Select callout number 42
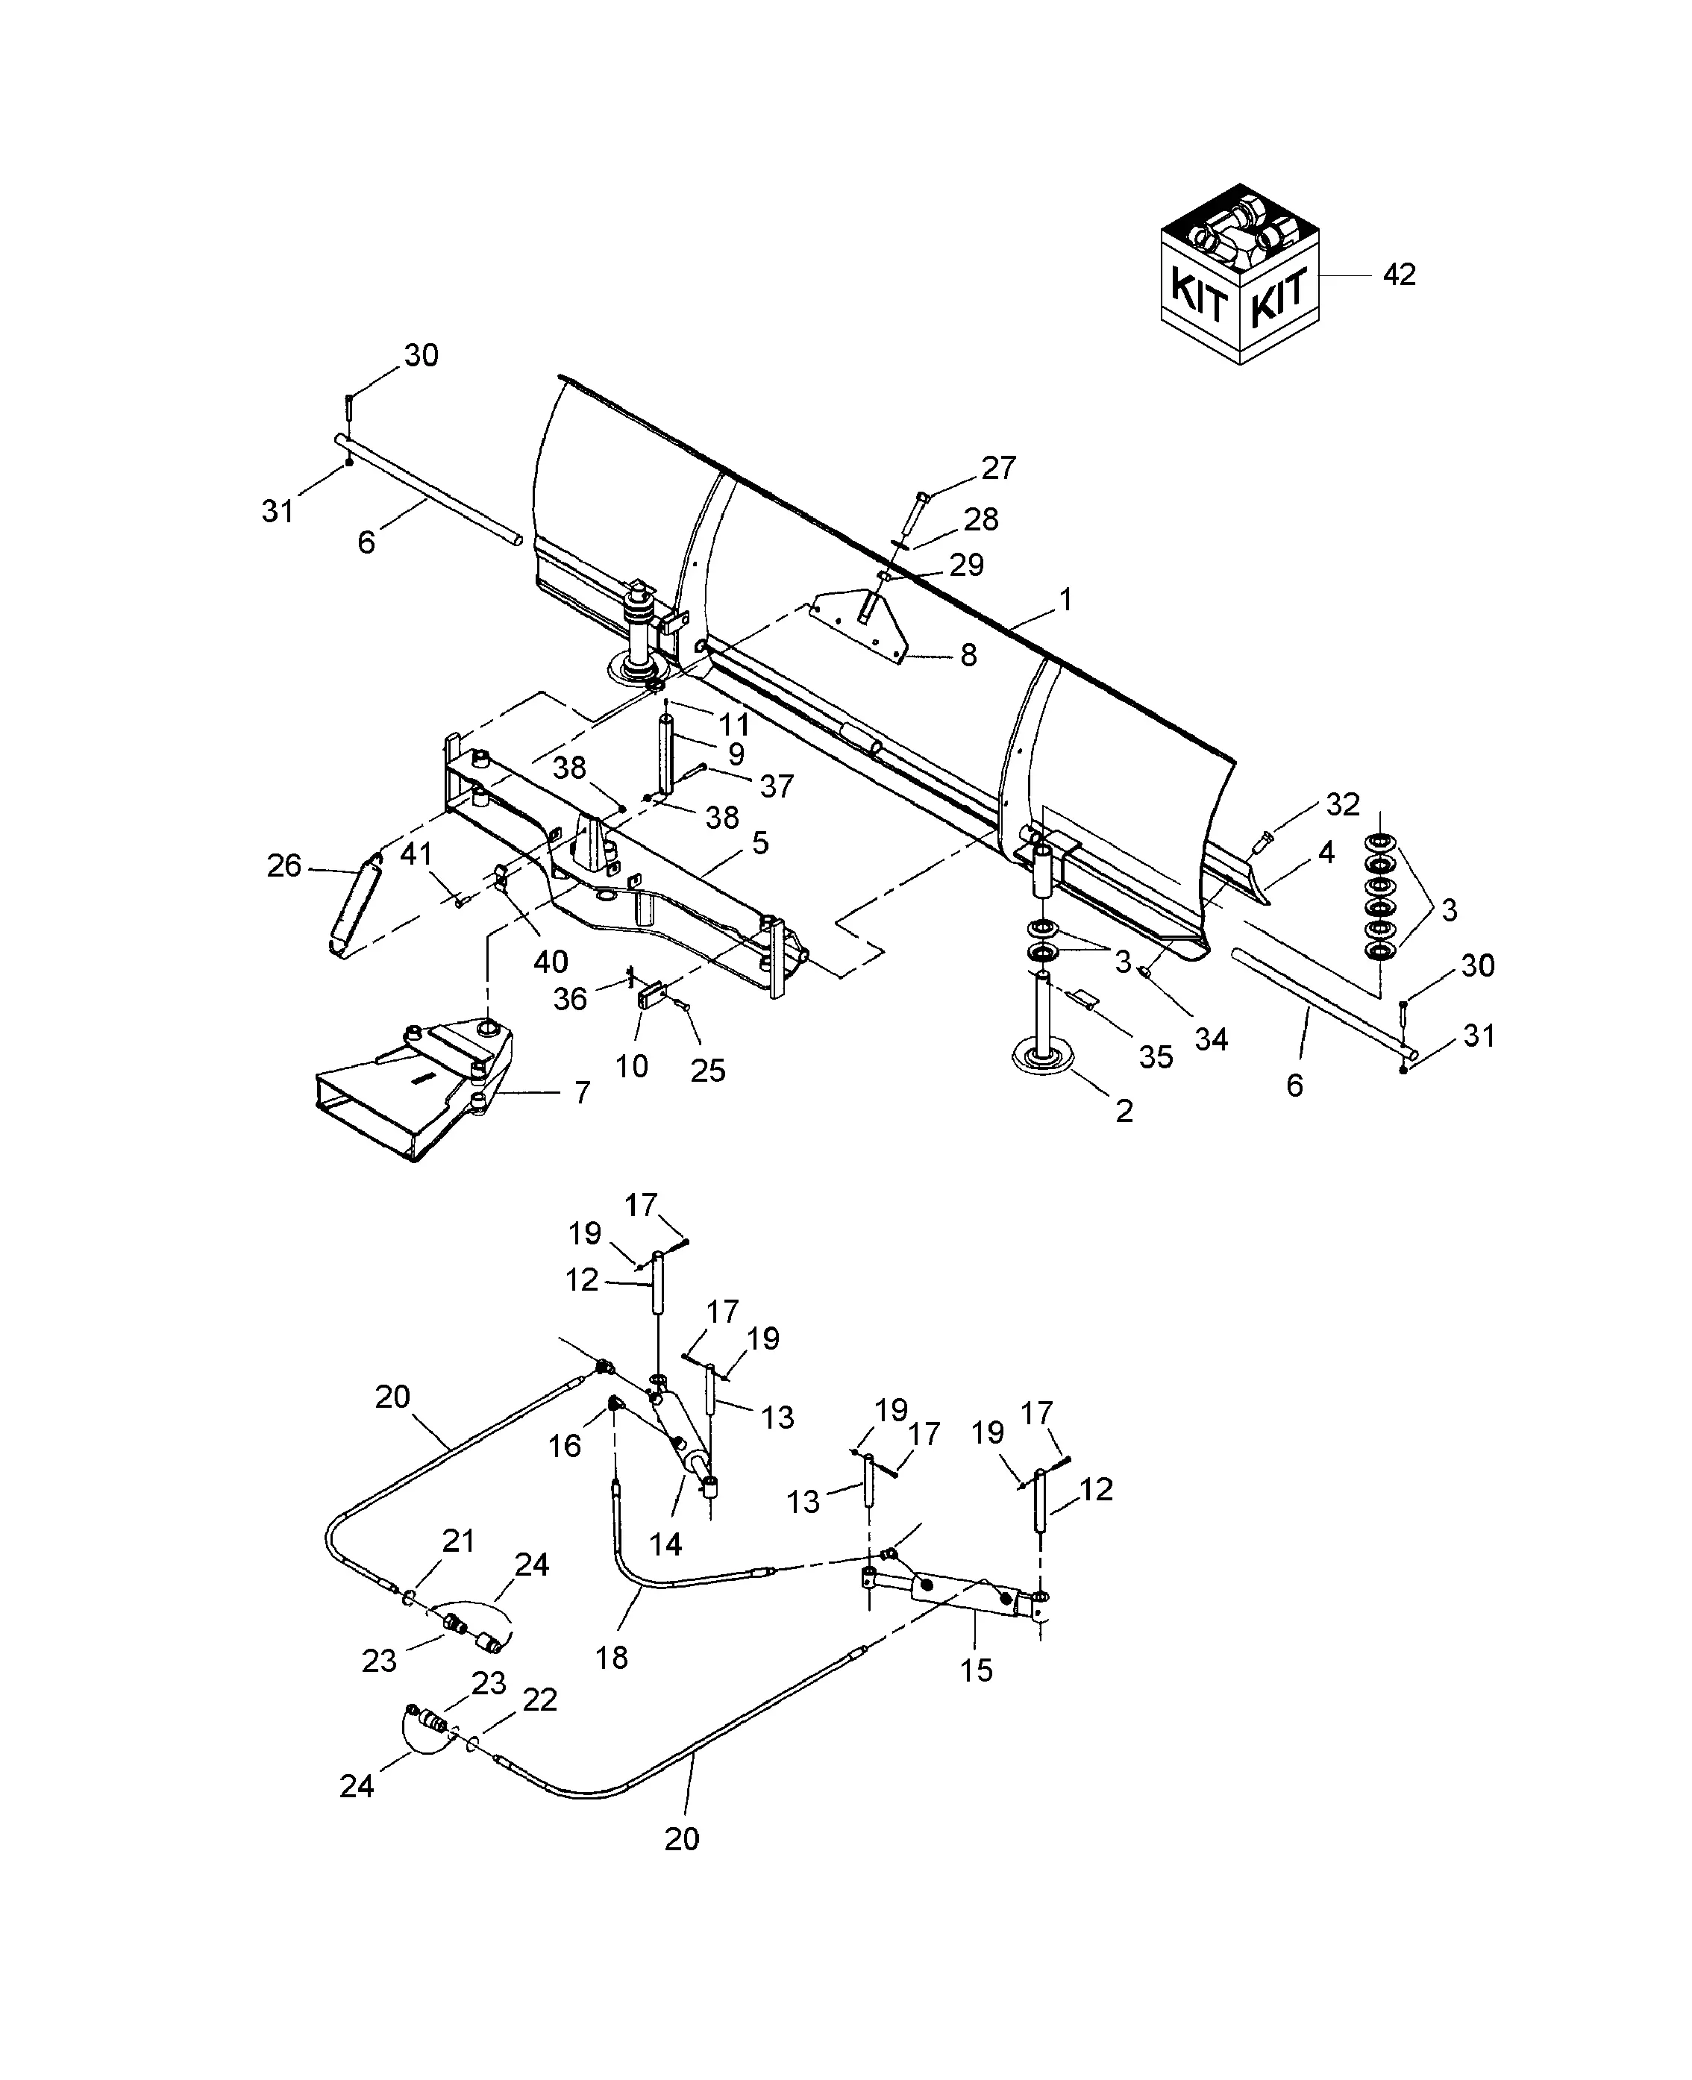(1399, 276)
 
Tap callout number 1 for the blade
(1066, 599)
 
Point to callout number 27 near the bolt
(999, 468)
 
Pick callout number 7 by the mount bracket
(582, 1093)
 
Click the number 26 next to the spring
(283, 865)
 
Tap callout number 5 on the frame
(760, 842)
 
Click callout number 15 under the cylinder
(976, 1670)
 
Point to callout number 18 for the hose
(612, 1657)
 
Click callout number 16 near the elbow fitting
(564, 1445)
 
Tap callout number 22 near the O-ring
(540, 1699)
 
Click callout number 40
(551, 961)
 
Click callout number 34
(1211, 1039)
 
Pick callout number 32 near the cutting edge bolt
(1342, 804)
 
